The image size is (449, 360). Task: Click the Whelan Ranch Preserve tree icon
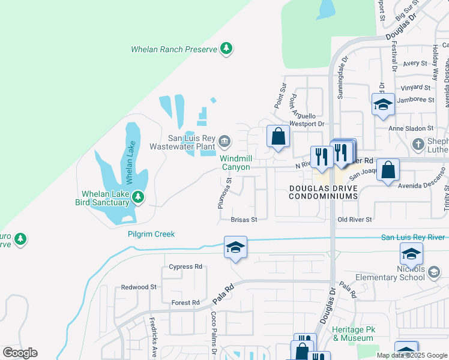tap(226, 48)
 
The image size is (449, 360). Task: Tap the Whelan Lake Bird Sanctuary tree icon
tap(139, 197)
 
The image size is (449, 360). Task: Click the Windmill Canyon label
tap(235, 163)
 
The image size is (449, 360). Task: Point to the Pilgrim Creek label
tap(151, 234)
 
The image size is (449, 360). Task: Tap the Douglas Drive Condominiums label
tap(324, 192)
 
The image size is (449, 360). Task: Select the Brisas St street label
tap(244, 220)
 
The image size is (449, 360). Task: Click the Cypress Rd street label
tap(185, 266)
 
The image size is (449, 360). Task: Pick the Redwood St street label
tap(139, 287)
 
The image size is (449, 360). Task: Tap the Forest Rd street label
tap(185, 303)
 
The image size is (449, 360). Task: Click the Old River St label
tap(355, 220)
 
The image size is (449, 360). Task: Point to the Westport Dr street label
tap(307, 124)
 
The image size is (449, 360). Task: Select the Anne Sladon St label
tap(411, 128)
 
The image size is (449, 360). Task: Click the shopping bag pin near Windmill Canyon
tap(278, 136)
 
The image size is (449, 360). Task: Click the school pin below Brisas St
tap(235, 247)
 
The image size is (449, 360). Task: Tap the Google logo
tap(20, 353)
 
